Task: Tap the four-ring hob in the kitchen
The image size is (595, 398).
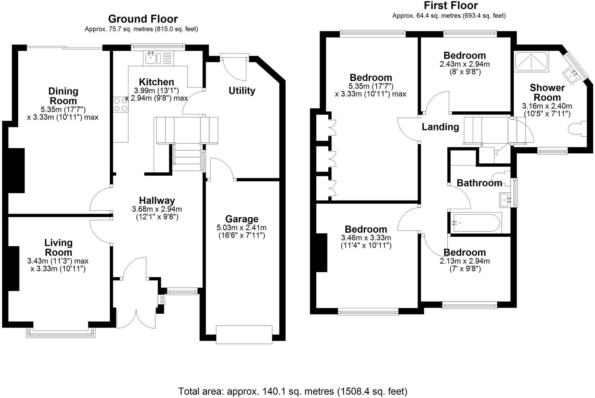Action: coord(121,105)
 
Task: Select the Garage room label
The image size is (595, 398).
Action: coord(242,219)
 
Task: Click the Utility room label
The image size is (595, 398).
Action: coord(242,91)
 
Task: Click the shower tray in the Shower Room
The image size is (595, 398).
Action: coord(531,62)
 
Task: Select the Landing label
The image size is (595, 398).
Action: coord(440,127)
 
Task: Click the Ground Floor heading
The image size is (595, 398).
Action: coord(143,19)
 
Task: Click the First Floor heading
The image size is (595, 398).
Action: coord(451,6)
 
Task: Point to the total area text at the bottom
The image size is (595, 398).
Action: coord(293,391)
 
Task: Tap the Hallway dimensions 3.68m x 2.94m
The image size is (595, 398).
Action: coord(157,209)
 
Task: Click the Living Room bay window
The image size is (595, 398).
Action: coord(61,333)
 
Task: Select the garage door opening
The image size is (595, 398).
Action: coord(244,334)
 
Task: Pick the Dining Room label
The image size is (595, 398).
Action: coord(63,96)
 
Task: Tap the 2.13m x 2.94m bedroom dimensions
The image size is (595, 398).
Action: coord(465,261)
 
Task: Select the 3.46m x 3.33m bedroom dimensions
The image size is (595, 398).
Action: coord(366,238)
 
